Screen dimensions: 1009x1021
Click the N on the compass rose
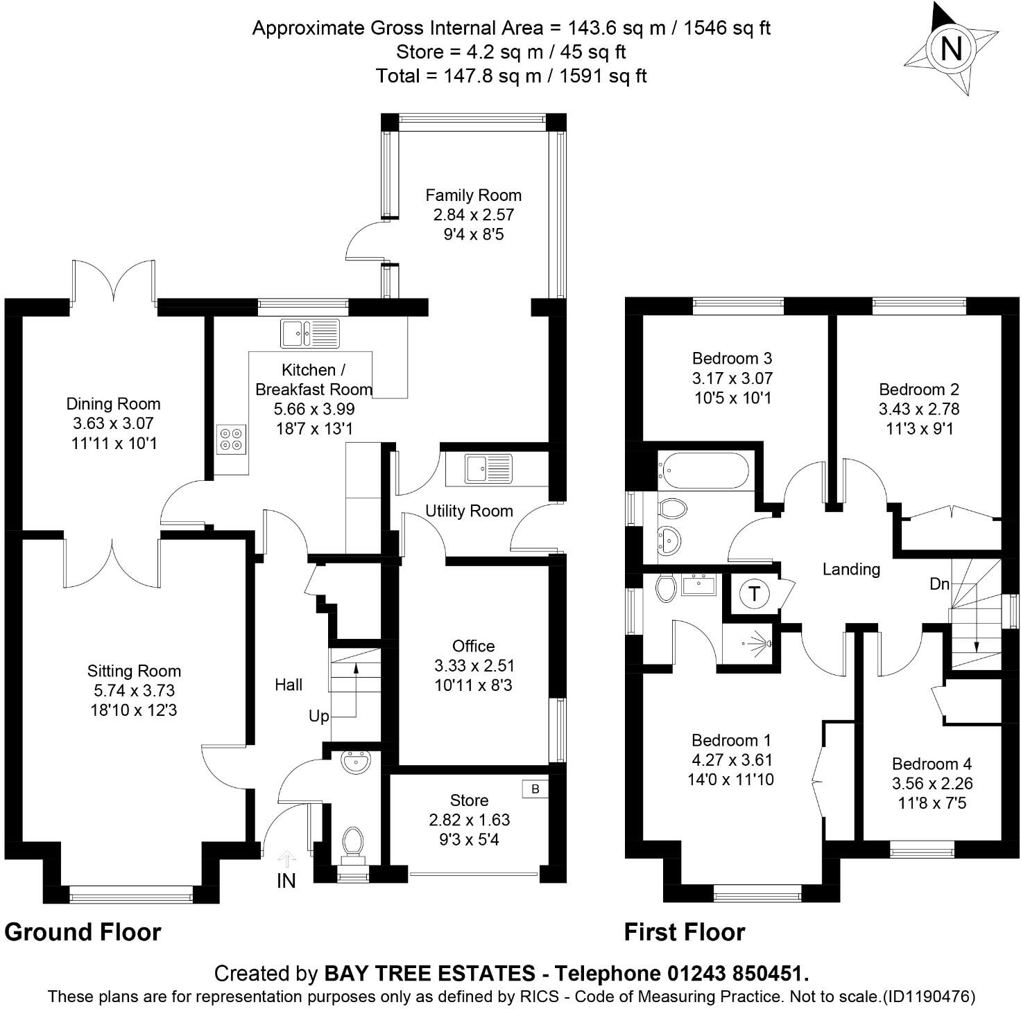(x=952, y=49)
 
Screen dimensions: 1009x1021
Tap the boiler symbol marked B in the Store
(x=535, y=789)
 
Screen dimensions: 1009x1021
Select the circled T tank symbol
(x=753, y=594)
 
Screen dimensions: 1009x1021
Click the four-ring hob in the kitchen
(x=231, y=439)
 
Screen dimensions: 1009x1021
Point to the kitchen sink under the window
(x=310, y=333)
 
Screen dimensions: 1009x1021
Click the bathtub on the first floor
(x=703, y=471)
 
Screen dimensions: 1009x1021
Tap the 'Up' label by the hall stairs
(x=318, y=716)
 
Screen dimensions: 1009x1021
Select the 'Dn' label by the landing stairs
(x=939, y=584)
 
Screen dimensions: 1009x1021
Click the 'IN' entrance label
(x=286, y=881)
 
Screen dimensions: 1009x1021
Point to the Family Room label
(x=473, y=195)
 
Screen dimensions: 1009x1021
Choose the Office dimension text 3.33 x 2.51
(x=474, y=665)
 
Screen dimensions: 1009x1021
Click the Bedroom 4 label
(x=932, y=764)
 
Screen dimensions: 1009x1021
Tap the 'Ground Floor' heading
(x=83, y=932)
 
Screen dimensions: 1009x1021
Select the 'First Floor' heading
(x=684, y=932)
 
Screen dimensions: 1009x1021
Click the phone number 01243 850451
(x=738, y=974)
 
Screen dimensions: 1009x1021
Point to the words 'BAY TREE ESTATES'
(x=430, y=974)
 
